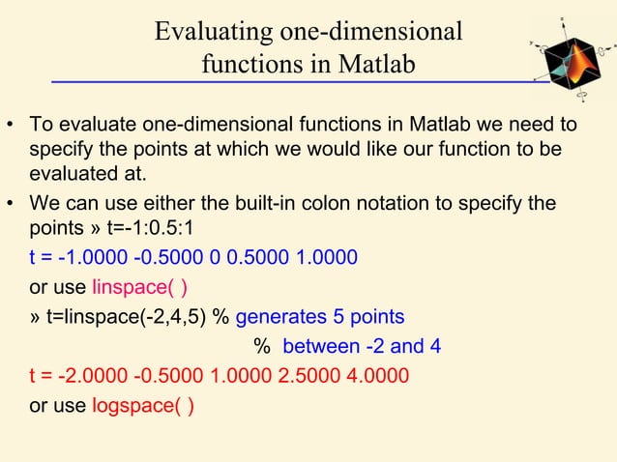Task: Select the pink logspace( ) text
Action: (x=142, y=406)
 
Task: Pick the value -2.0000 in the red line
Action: (x=97, y=375)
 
